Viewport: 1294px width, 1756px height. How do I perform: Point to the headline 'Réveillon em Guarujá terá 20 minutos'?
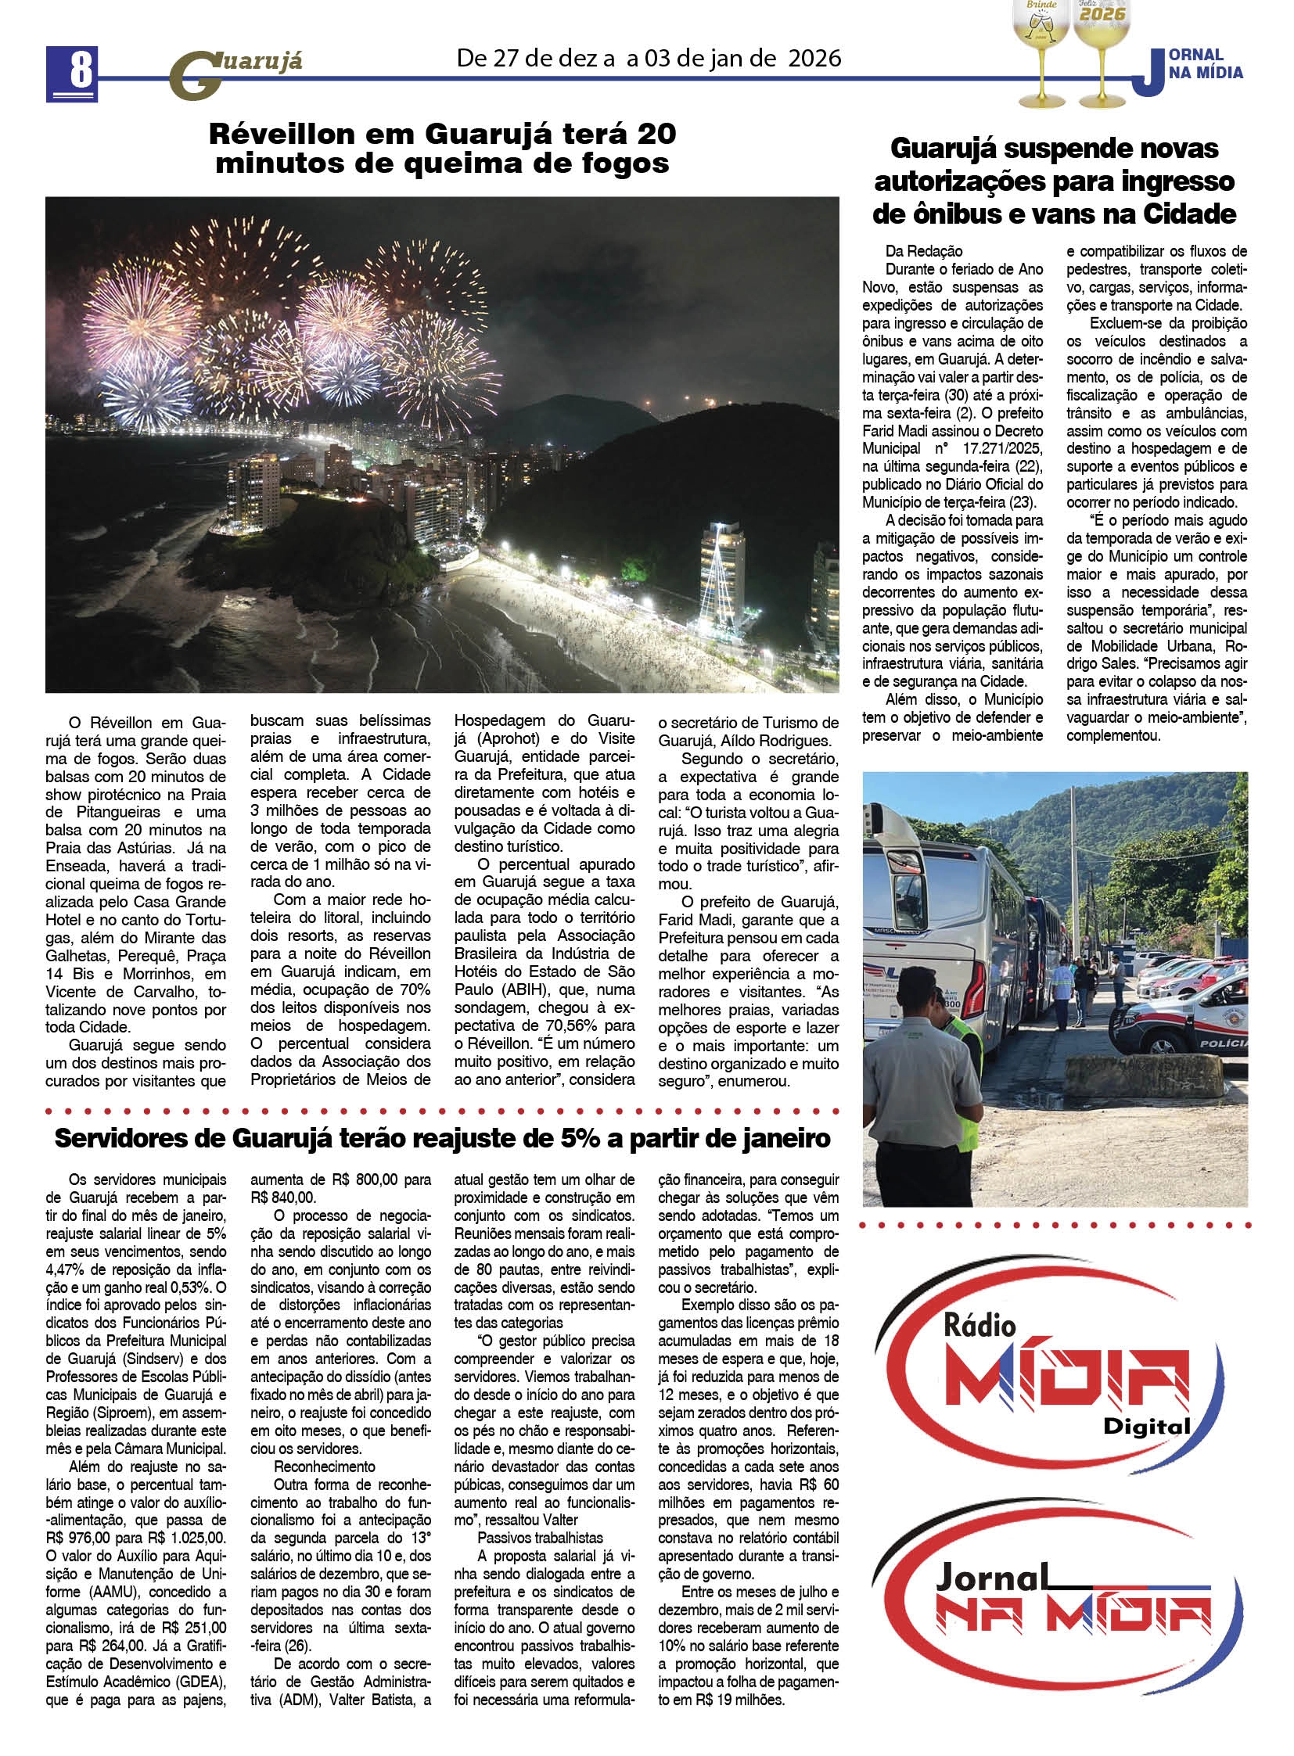(442, 149)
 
